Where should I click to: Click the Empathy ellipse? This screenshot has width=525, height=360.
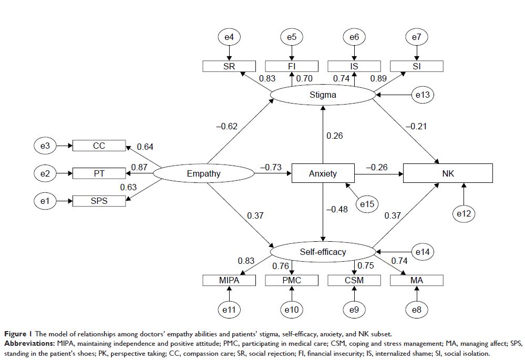[x=203, y=173]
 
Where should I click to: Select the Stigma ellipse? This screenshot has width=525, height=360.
[x=323, y=95]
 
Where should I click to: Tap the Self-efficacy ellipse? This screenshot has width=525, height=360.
[x=323, y=252]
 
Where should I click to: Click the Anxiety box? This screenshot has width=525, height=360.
[x=323, y=173]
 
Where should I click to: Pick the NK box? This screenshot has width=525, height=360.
[x=448, y=173]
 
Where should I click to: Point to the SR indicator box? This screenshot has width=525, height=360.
[x=229, y=66]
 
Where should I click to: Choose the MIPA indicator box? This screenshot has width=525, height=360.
[x=229, y=281]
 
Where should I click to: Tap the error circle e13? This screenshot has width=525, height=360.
[x=421, y=95]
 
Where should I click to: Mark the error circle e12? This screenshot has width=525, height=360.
[x=464, y=213]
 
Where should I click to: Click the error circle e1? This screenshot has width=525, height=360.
[x=45, y=200]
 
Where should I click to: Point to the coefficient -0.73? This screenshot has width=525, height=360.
[x=270, y=167]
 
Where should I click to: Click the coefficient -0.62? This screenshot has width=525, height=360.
[x=227, y=126]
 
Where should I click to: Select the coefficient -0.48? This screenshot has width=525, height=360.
[x=337, y=209]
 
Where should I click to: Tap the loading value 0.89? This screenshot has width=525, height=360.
[x=378, y=79]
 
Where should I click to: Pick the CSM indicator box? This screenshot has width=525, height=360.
[x=354, y=281]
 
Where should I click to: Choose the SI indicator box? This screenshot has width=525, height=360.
[x=417, y=66]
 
